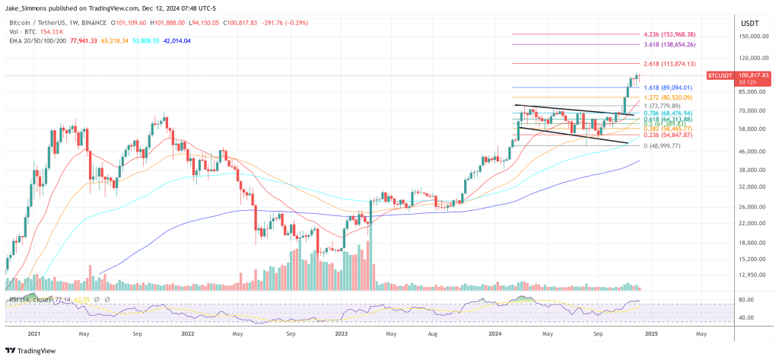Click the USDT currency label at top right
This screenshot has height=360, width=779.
[x=749, y=23]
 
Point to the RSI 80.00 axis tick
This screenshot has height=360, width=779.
[x=746, y=299]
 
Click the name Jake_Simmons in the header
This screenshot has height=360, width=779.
[x=27, y=8]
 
